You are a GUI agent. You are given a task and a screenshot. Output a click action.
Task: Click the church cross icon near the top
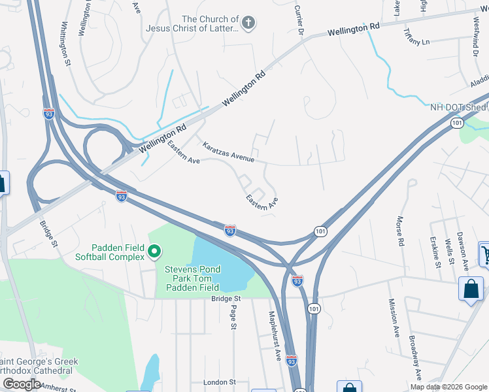[248, 24]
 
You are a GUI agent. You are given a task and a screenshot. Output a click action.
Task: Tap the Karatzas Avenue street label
[228, 152]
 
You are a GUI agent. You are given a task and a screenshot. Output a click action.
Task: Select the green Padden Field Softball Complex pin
[155, 251]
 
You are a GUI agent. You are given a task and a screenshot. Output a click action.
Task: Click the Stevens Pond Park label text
[192, 269]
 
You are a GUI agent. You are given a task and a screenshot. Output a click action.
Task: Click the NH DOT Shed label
[458, 107]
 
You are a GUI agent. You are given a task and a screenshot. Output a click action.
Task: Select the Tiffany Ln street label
[417, 41]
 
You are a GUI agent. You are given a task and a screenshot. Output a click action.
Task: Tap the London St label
[219, 382]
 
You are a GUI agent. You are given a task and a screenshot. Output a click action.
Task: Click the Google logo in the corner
[22, 384]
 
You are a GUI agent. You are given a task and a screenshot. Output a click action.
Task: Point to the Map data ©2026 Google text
[448, 387]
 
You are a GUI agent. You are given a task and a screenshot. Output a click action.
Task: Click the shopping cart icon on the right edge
[484, 254]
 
